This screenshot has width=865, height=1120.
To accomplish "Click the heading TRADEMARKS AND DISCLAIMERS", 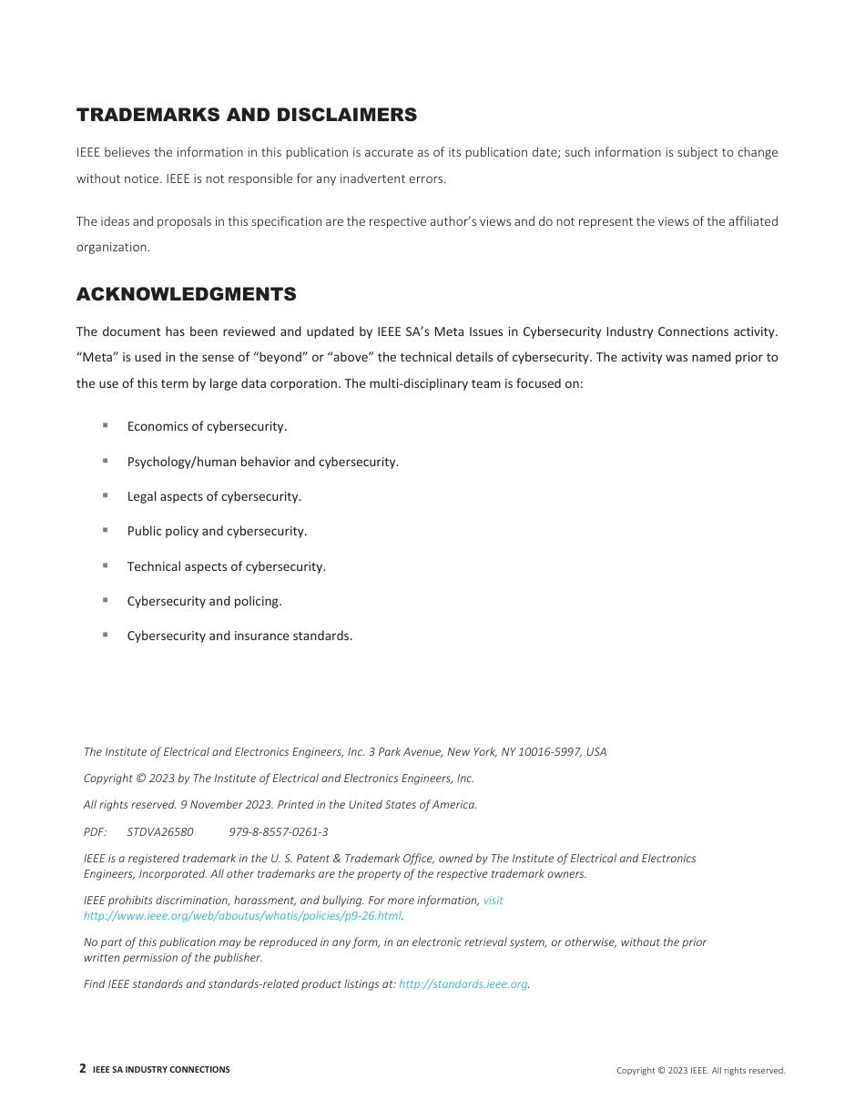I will (246, 115).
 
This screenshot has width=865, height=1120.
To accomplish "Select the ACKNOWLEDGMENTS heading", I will (186, 294).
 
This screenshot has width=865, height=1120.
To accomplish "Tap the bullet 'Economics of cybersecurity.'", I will (207, 426).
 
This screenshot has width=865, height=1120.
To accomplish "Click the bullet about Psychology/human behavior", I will (262, 462).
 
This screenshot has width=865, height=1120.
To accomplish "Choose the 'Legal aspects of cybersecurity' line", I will (214, 496).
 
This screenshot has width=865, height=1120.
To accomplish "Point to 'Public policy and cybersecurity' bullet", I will (217, 531).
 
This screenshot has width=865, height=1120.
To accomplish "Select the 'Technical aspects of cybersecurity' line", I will (226, 566).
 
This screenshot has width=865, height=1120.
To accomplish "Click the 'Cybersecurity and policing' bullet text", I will (204, 601).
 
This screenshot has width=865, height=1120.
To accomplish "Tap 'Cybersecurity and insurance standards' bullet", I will (239, 636).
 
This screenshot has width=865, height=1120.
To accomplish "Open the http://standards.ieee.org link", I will (463, 984).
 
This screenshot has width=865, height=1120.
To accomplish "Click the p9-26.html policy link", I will (241, 915).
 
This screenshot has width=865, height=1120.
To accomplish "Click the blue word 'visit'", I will (493, 900).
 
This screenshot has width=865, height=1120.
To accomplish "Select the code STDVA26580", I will (160, 831).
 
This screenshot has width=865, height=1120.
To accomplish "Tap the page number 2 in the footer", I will (83, 1069).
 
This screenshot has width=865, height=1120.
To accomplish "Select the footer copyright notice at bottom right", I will (700, 1071).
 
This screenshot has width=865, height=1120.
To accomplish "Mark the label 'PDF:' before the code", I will (95, 831).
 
